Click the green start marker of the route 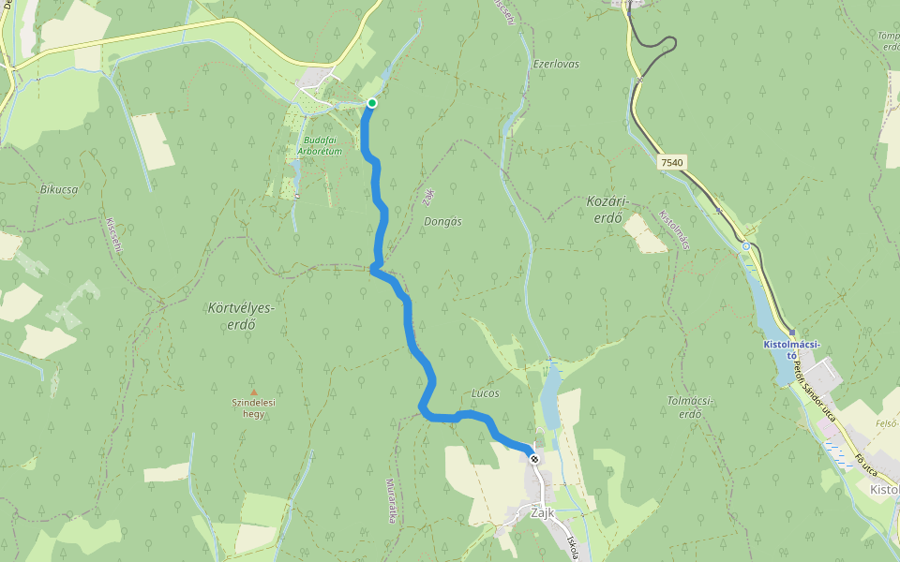click(372, 103)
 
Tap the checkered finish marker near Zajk click(533, 459)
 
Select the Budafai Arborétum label click(320, 145)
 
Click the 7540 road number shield click(672, 162)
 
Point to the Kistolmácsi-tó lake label click(792, 349)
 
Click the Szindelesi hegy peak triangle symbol click(252, 392)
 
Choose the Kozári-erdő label click(605, 209)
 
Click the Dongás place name click(442, 221)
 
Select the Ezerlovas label click(556, 64)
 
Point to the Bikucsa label click(58, 188)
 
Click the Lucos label click(487, 393)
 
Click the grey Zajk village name click(543, 514)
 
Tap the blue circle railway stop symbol click(746, 246)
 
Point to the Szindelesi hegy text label click(254, 407)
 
